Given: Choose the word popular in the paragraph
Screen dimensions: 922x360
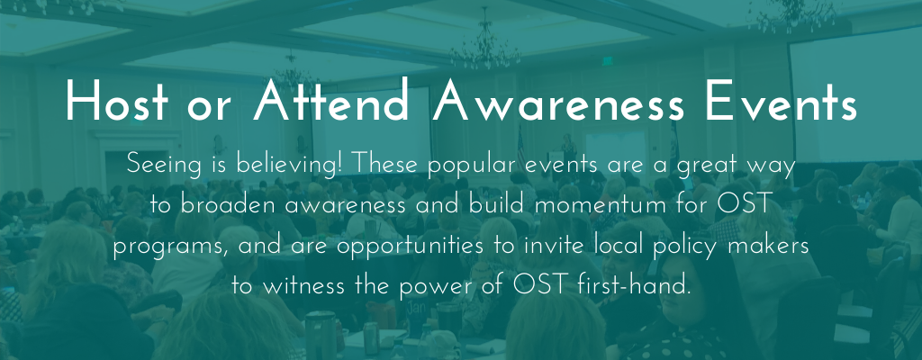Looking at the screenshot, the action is point(471,166).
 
